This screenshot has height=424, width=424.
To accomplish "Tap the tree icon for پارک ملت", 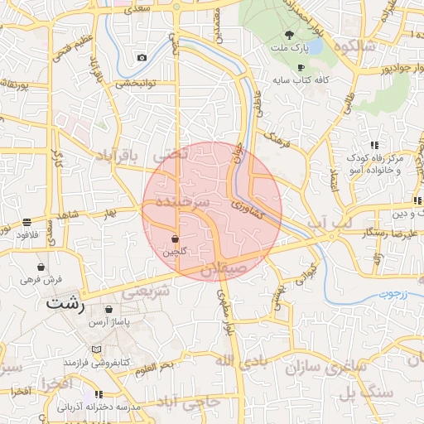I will (x=289, y=35).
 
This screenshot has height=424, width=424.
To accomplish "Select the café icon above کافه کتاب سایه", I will (x=300, y=67).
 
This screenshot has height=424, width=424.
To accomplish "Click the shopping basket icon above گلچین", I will (x=175, y=238).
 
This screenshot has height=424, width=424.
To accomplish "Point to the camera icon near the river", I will (x=142, y=57).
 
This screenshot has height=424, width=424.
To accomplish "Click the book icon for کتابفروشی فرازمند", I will (x=97, y=350).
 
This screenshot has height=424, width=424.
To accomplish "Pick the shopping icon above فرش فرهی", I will (x=41, y=267).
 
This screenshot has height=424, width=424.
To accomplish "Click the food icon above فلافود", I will (x=27, y=222).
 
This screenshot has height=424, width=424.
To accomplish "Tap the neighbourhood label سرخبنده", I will (x=192, y=203).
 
